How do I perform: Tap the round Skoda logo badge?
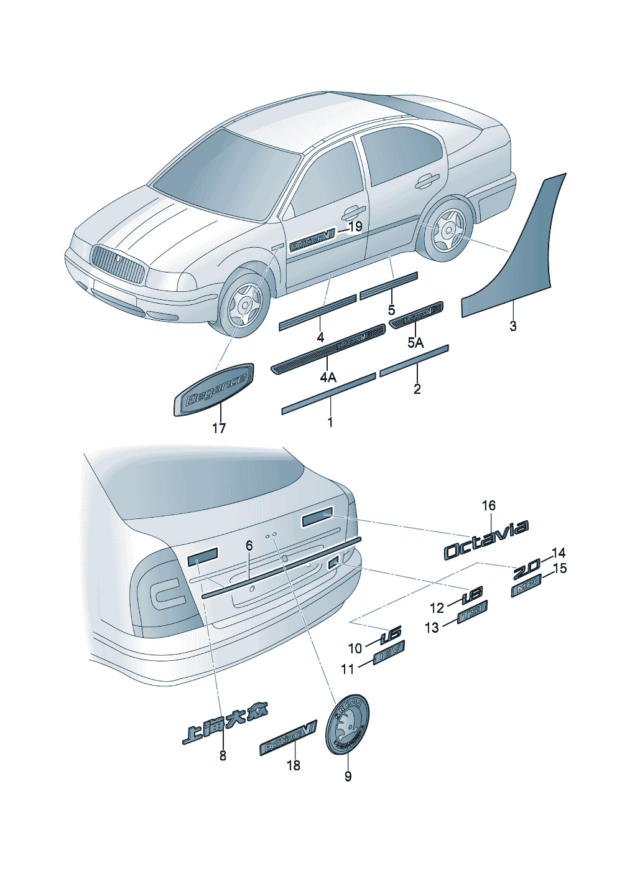click(x=347, y=724)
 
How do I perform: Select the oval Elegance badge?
click(x=213, y=390)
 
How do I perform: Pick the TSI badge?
click(x=473, y=612)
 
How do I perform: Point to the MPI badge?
click(x=526, y=587)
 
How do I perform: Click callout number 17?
click(x=219, y=428)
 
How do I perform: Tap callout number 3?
click(x=513, y=325)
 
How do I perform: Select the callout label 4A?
click(x=328, y=378)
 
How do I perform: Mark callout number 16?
click(x=489, y=505)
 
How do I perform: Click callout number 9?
click(x=348, y=776)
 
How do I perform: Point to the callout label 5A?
click(x=415, y=342)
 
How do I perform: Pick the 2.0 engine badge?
click(x=526, y=568)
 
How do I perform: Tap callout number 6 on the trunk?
click(x=249, y=546)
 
